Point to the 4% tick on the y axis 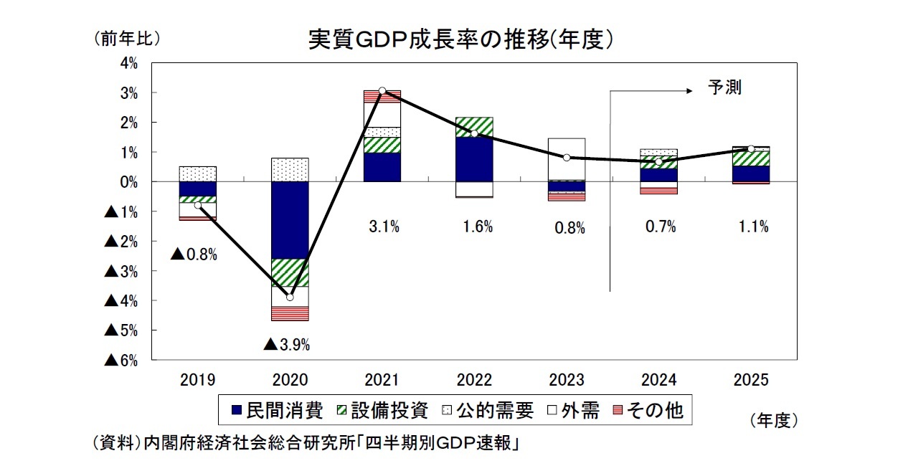point(129,63)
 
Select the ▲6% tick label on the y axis point(121,360)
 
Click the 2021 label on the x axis point(382,380)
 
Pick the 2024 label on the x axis point(659,380)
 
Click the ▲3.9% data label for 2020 point(286,345)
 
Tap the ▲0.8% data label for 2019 point(194,254)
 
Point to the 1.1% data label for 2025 point(752,227)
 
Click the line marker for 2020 point(290,297)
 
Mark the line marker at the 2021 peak point(382,91)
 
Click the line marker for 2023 point(567,158)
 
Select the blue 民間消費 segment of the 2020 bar point(290,220)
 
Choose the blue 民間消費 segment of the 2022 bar point(475,158)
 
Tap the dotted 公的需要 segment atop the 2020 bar point(290,170)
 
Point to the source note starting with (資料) point(306,443)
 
